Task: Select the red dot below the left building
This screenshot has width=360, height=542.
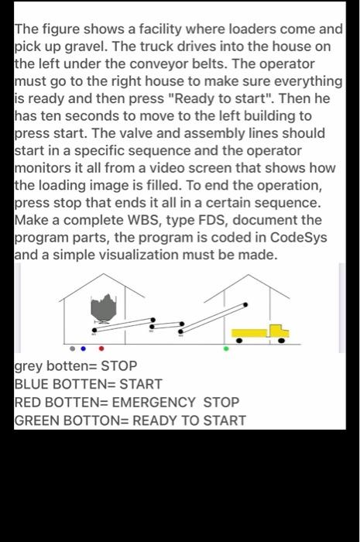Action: (101, 348)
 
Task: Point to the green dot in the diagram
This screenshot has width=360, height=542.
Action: (226, 348)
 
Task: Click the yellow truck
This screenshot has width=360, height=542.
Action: (260, 333)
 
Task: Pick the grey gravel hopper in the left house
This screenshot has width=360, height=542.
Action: (103, 310)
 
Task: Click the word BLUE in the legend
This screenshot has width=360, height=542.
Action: (33, 384)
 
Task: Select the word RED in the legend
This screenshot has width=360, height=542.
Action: (29, 403)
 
